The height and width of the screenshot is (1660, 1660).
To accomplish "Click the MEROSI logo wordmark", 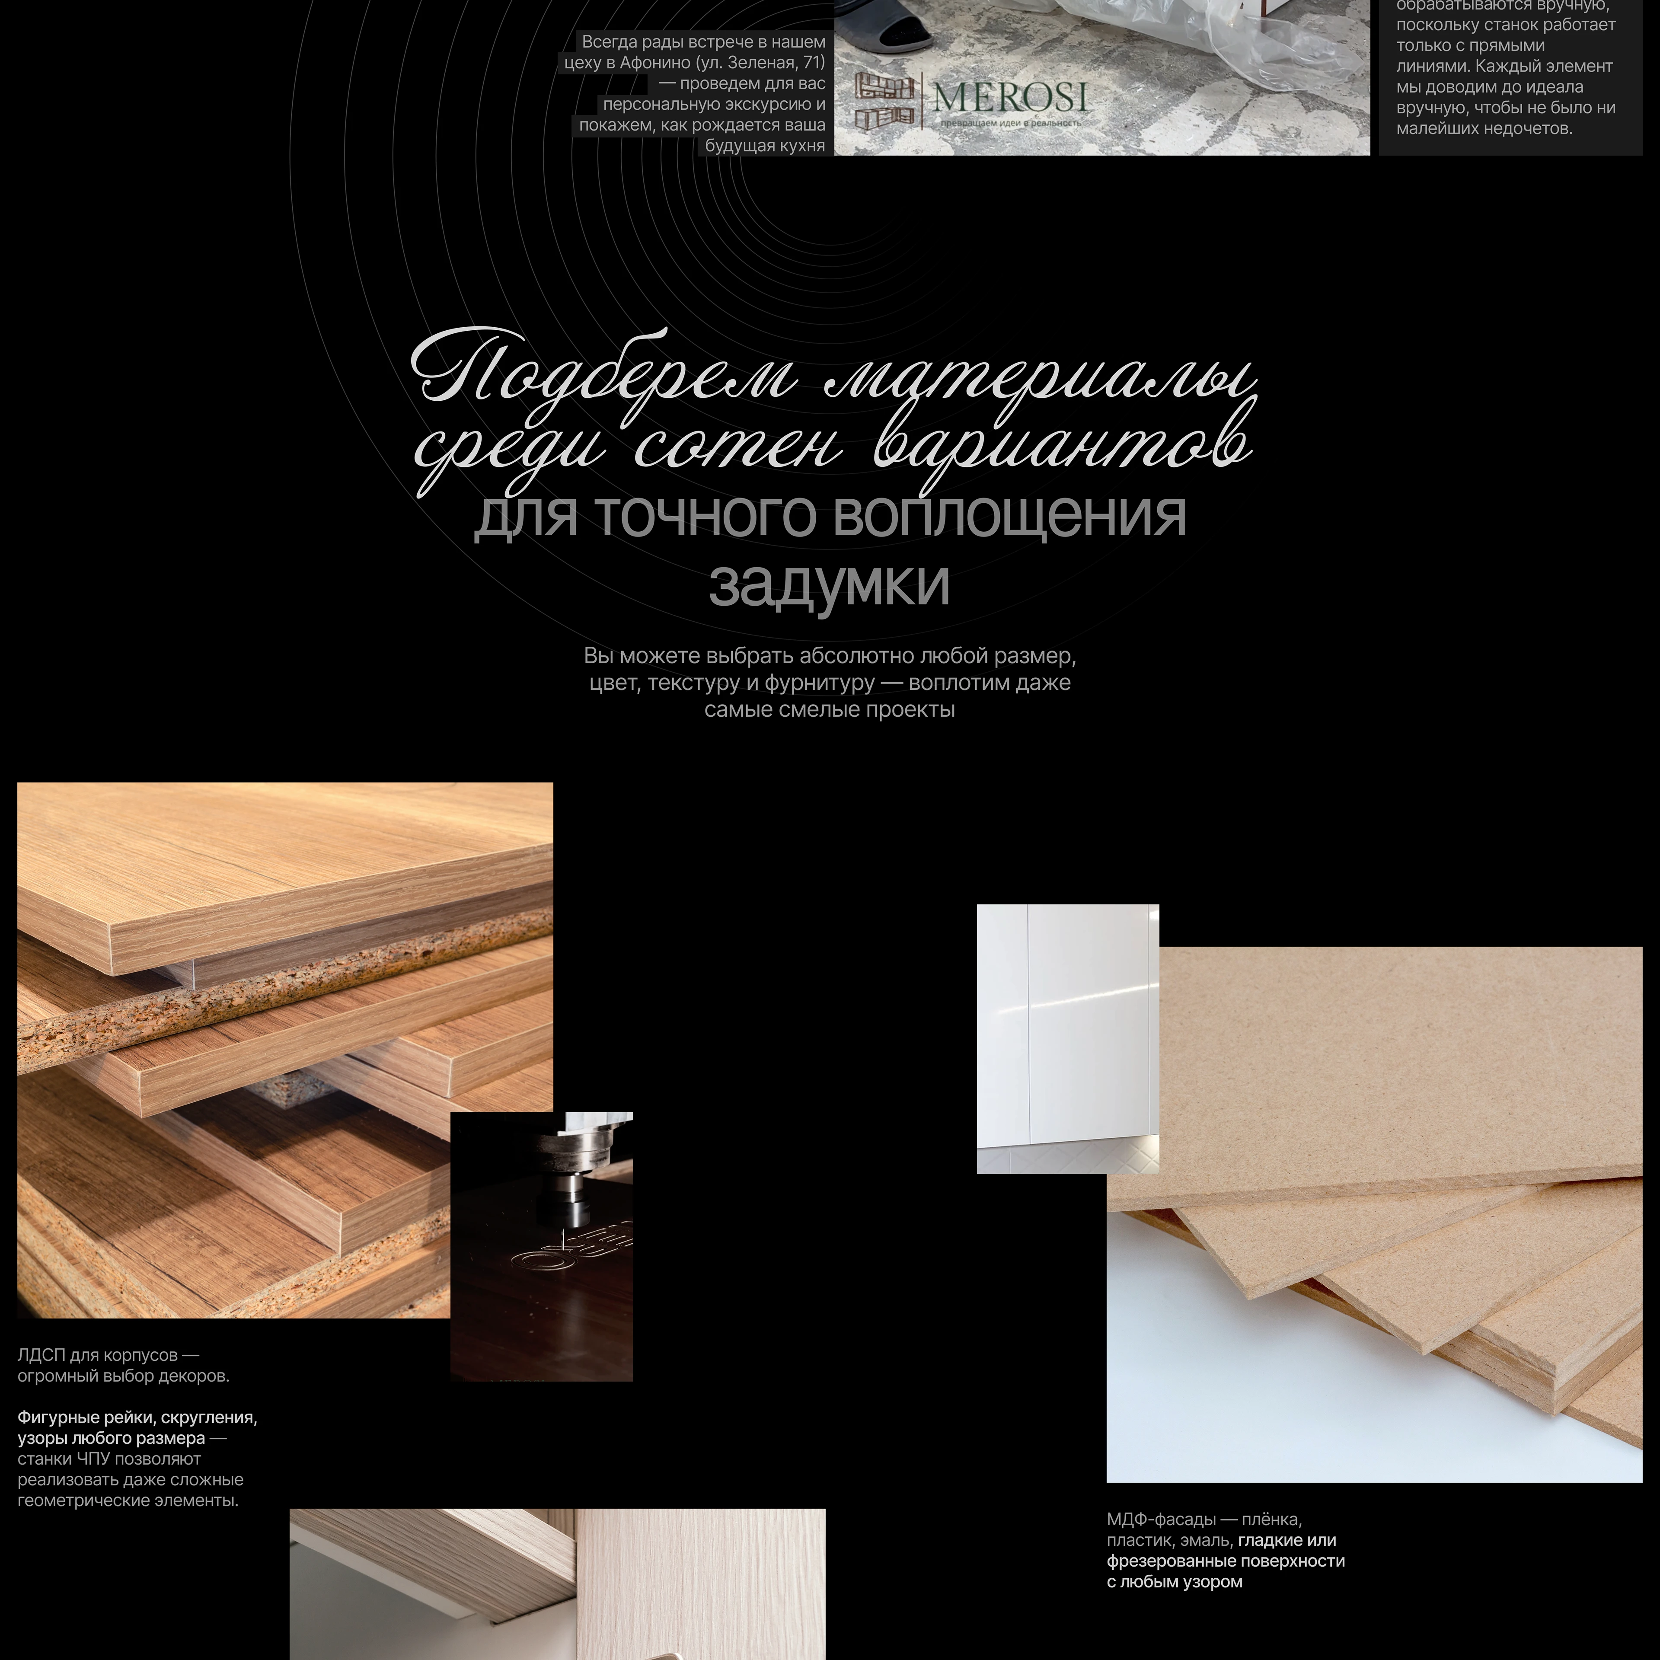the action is point(1010,97).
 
